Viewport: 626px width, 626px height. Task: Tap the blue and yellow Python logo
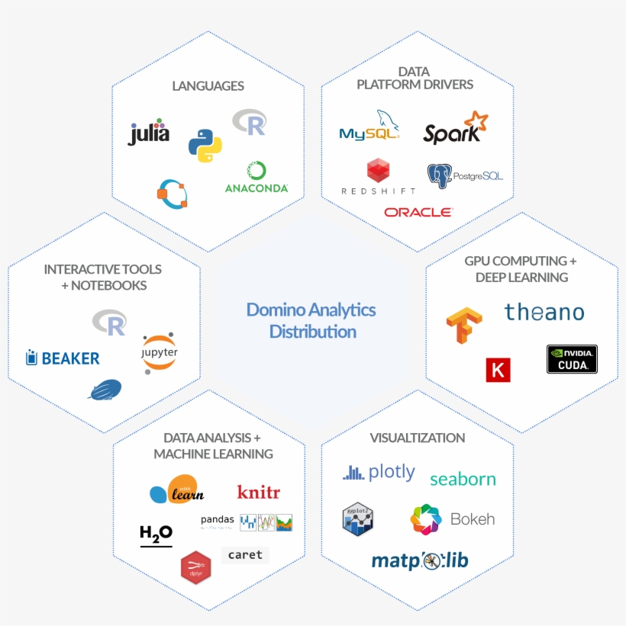(205, 145)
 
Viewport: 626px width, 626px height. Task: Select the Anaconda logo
(257, 177)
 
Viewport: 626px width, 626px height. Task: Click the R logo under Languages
(250, 121)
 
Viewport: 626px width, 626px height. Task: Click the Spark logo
(455, 129)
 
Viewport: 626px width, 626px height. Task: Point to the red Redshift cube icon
(378, 171)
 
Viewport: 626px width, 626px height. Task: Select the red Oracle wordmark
(418, 212)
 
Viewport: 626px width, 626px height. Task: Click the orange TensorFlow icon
(464, 325)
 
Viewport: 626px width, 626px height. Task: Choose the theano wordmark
(544, 312)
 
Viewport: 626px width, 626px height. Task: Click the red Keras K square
(498, 370)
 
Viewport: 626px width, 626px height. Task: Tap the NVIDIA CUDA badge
(572, 359)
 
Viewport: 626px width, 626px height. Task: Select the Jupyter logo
(159, 353)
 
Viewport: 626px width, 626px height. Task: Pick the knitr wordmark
(258, 492)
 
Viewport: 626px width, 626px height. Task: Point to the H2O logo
(156, 535)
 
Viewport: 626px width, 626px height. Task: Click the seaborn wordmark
(463, 479)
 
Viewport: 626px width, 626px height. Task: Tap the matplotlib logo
(419, 561)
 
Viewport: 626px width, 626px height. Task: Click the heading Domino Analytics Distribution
(311, 320)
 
